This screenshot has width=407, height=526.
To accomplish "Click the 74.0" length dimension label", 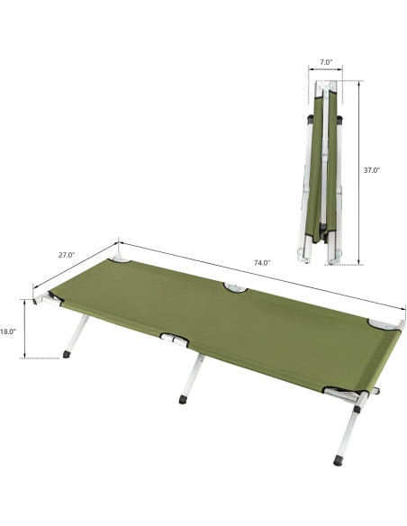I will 261,263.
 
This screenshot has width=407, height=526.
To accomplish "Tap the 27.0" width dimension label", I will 66,255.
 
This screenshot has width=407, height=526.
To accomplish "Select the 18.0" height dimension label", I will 9,331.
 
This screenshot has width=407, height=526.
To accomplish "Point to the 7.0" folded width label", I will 326,63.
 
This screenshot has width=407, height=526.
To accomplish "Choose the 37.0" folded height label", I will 372,169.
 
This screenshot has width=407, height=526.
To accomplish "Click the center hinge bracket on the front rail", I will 176,340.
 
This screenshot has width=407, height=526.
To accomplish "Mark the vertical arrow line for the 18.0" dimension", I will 27,329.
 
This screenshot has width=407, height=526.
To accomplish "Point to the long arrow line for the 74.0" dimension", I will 261,274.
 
